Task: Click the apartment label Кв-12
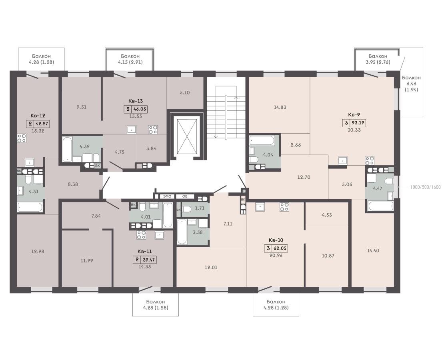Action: coord(38,116)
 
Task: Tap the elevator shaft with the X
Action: coord(187,136)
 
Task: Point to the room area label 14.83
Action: coord(280,107)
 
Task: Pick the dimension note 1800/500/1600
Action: coord(425,187)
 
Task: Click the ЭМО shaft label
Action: coord(167,196)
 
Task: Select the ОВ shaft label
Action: coord(185,196)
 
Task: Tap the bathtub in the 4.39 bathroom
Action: coord(67,149)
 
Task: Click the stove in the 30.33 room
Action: coord(370,161)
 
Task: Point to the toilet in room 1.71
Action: coord(186,209)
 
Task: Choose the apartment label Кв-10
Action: coord(276,240)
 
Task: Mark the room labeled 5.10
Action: coord(185,93)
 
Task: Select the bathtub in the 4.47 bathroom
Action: coord(381,206)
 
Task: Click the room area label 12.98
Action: coord(38,251)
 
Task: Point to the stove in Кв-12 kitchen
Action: coord(22,138)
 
